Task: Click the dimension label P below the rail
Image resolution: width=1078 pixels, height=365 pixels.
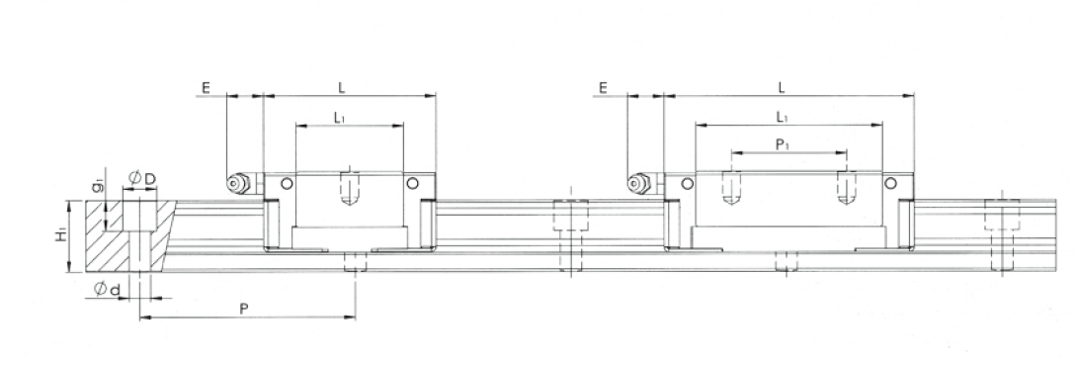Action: click(x=244, y=309)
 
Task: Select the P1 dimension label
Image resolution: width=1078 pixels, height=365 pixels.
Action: click(x=782, y=143)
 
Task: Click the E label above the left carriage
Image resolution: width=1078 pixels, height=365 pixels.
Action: click(x=206, y=88)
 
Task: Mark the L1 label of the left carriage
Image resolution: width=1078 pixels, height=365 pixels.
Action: click(x=339, y=117)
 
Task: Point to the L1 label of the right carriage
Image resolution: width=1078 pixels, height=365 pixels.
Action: click(x=782, y=117)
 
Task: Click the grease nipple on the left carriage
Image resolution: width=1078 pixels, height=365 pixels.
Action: click(x=238, y=183)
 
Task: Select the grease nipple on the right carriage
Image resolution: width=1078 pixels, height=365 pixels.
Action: click(x=639, y=183)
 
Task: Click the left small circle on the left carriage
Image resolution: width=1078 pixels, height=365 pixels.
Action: click(x=287, y=183)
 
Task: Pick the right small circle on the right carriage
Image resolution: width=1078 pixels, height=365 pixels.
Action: click(x=890, y=183)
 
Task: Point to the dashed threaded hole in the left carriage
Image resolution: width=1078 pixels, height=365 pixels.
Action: click(x=348, y=189)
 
